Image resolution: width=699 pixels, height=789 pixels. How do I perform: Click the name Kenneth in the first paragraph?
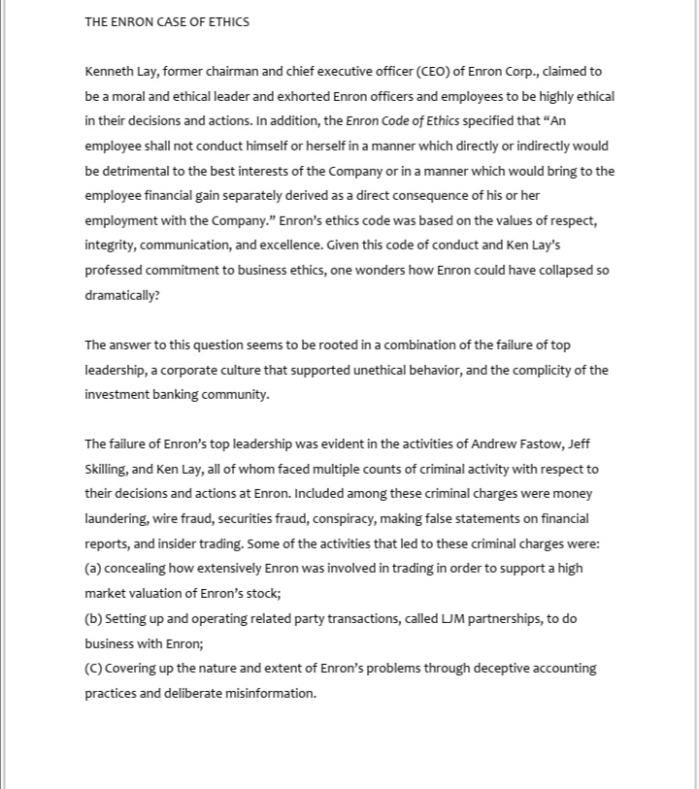(109, 72)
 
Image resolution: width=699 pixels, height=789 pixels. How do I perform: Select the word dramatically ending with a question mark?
(121, 295)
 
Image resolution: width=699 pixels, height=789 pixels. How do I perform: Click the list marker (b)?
(93, 618)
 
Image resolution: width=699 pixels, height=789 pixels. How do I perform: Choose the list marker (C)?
(93, 668)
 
